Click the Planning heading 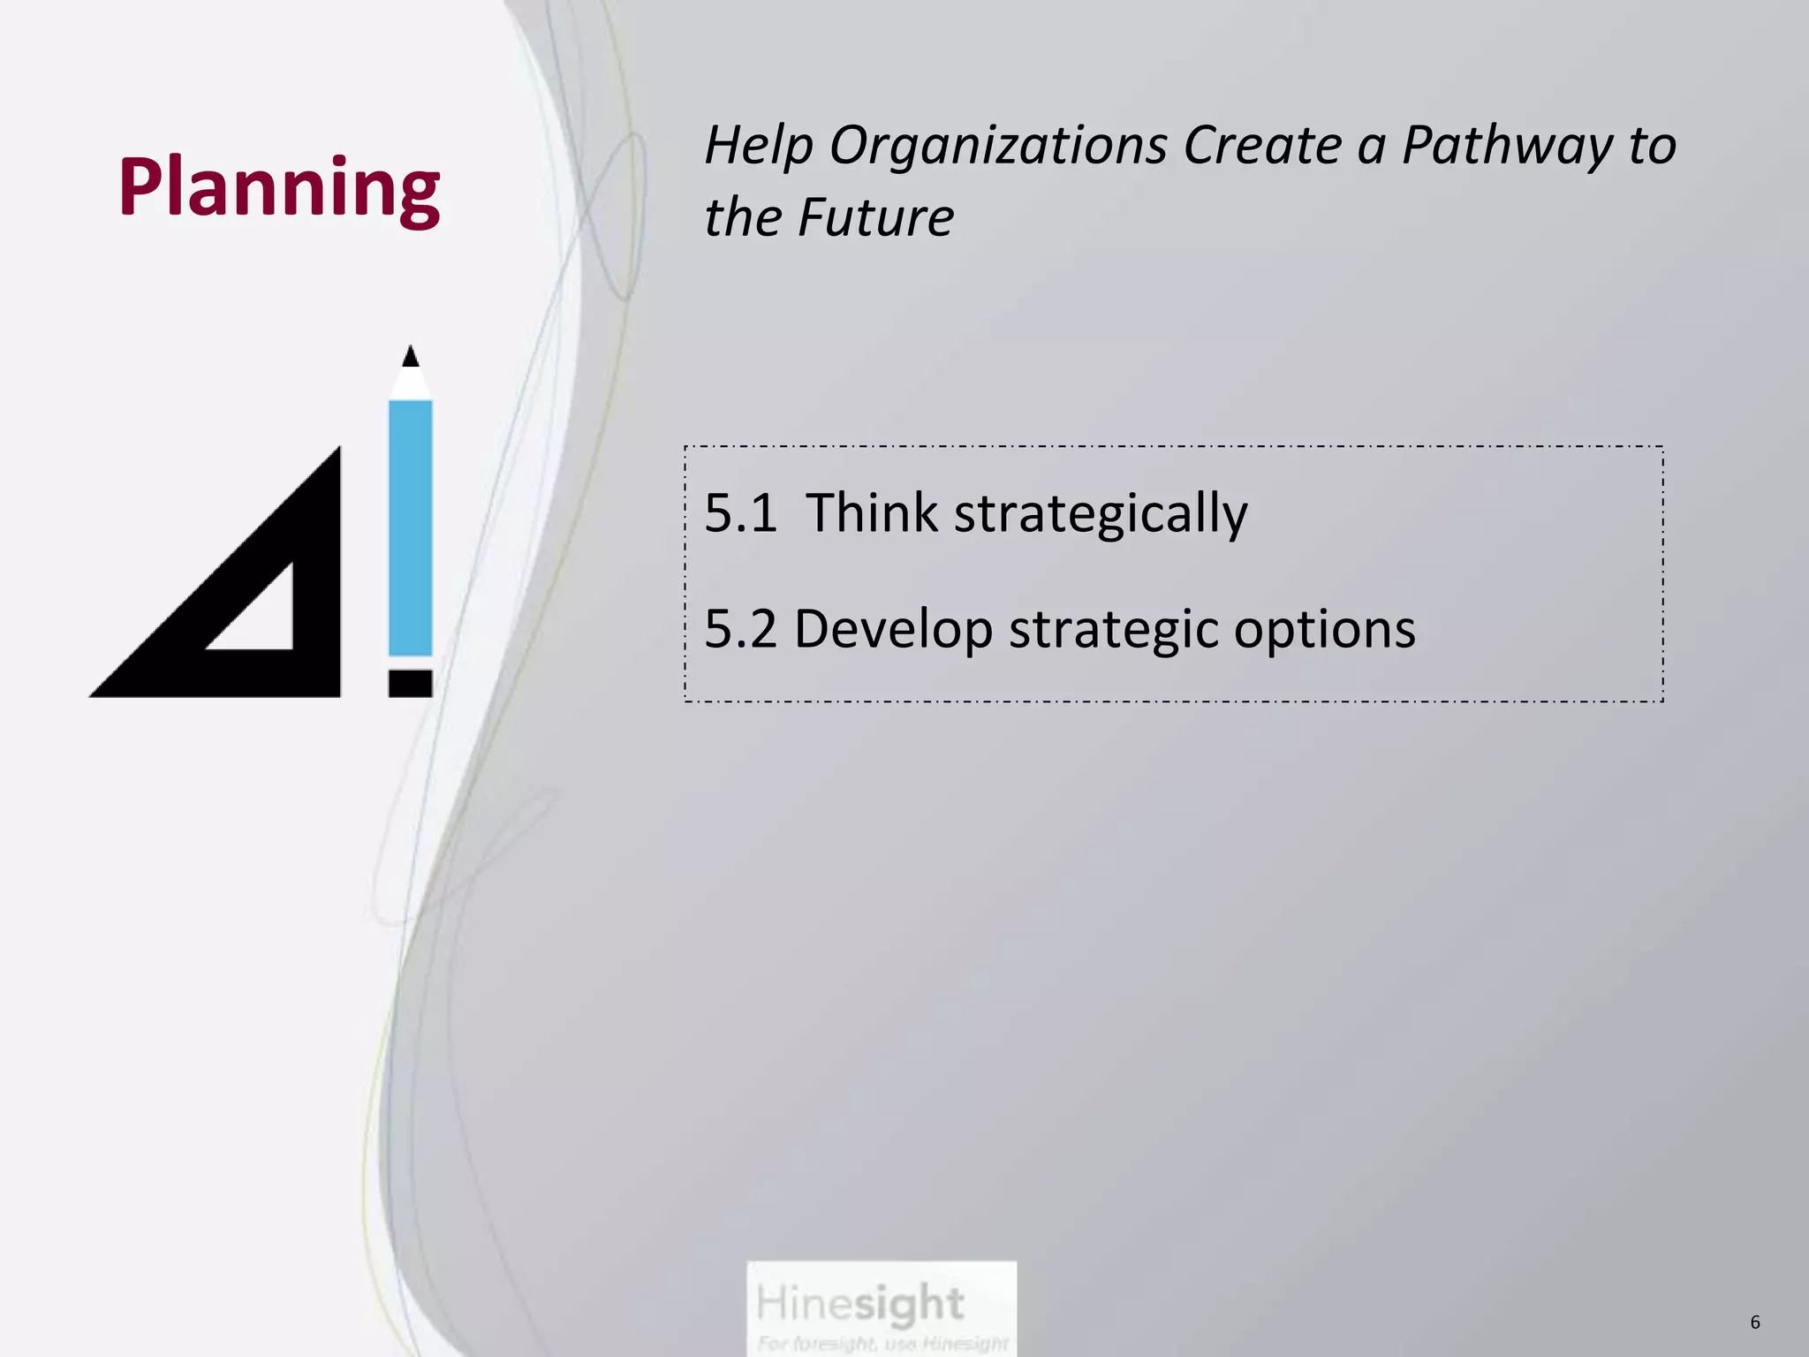point(279,187)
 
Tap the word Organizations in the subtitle point(998,146)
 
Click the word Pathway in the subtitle point(1507,146)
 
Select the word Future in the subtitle point(875,217)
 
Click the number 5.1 point(740,513)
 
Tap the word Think point(871,513)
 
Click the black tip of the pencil point(410,357)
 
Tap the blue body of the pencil point(410,527)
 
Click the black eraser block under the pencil point(410,683)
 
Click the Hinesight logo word point(859,1304)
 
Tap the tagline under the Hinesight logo point(882,1344)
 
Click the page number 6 point(1754,1323)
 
